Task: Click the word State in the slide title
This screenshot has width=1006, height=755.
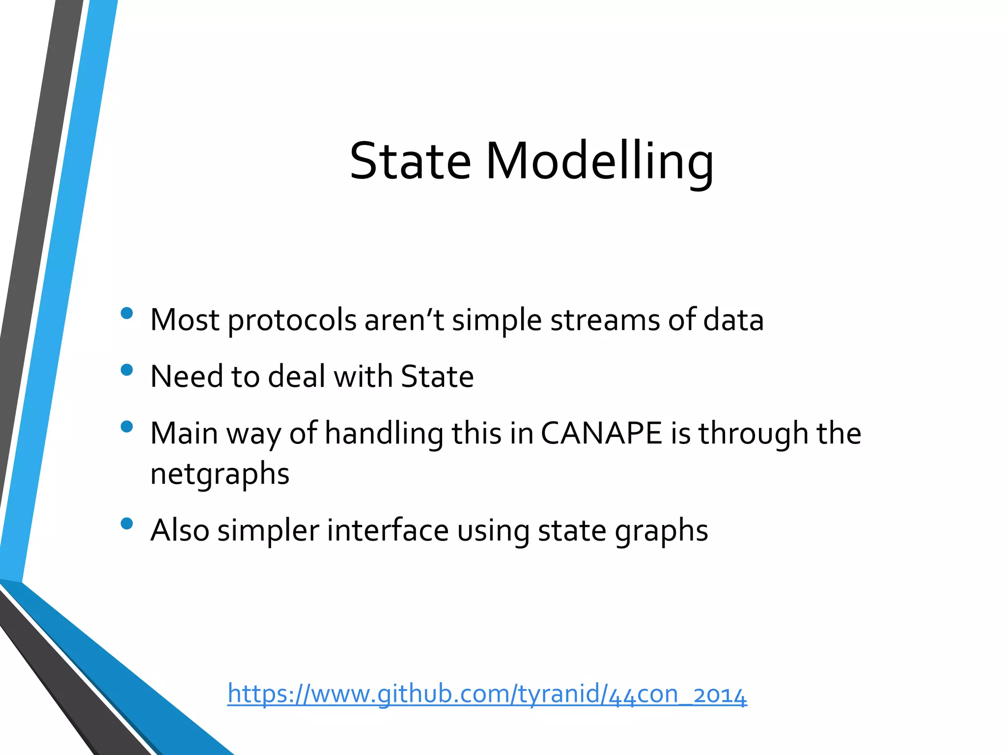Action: pyautogui.click(x=410, y=161)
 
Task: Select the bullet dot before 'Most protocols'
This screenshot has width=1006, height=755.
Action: pyautogui.click(x=127, y=313)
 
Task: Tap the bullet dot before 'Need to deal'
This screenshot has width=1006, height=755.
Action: pyautogui.click(x=127, y=370)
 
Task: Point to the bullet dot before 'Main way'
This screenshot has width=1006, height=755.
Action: pyautogui.click(x=127, y=426)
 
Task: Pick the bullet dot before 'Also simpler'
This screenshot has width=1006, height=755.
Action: pyautogui.click(x=127, y=523)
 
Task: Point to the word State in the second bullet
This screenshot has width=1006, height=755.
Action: pyautogui.click(x=437, y=377)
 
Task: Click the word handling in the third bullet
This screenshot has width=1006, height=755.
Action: pyautogui.click(x=384, y=434)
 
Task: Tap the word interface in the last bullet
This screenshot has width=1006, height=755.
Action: pyautogui.click(x=388, y=530)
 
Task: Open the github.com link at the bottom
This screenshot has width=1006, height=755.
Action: pyautogui.click(x=487, y=694)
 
